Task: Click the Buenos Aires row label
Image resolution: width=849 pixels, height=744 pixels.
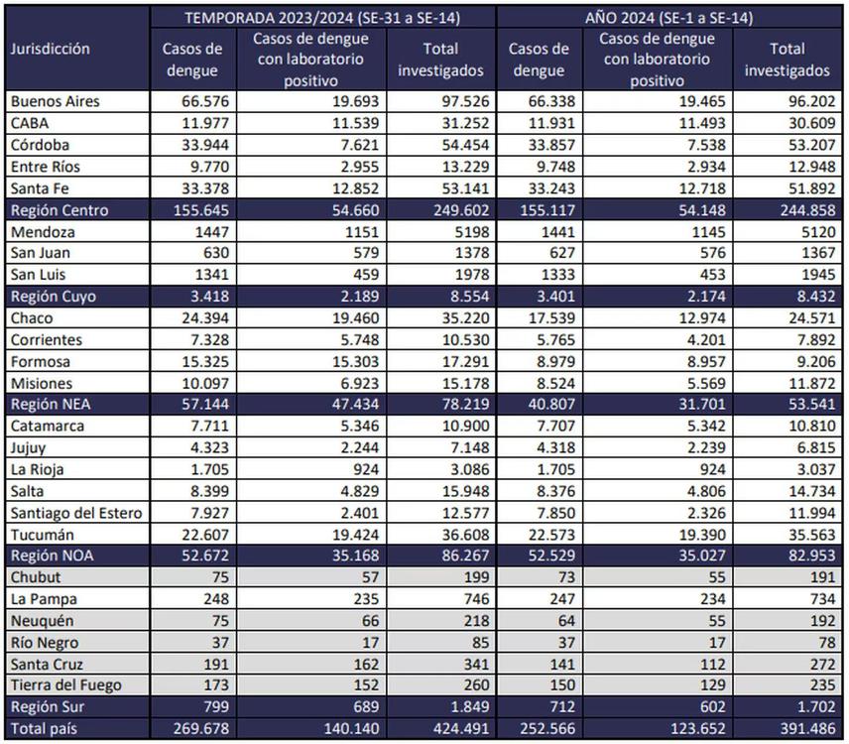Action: click(55, 101)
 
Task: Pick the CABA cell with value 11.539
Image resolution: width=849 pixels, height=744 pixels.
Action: click(351, 123)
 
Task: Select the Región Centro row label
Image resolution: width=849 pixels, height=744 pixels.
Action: click(59, 210)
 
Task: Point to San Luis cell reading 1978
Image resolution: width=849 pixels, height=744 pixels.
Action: click(466, 275)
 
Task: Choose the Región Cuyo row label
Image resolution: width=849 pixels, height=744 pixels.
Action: click(52, 297)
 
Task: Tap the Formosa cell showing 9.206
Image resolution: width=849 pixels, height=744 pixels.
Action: click(805, 362)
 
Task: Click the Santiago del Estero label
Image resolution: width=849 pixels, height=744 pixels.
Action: click(76, 513)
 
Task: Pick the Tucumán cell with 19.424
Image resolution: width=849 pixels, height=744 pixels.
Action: click(351, 535)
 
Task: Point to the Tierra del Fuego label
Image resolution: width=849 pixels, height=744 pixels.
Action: click(64, 684)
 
